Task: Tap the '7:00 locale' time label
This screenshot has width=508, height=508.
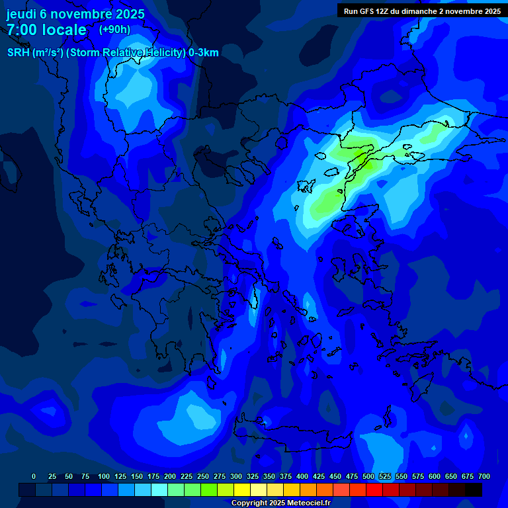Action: coord(46,30)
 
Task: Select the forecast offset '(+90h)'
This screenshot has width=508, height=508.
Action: coord(114,29)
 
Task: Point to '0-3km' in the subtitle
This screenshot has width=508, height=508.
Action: coord(204,53)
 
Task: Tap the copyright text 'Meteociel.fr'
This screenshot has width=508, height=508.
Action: coord(308,503)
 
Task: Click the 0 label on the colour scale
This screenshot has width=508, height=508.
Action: coord(34,476)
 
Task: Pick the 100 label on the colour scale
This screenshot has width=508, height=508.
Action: coord(104,476)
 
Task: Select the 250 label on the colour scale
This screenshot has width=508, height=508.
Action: coord(203,476)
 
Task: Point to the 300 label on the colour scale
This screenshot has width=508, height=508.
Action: coord(236,476)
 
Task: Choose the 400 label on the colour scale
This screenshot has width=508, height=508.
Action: coord(302,476)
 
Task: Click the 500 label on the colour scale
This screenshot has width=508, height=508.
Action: coord(368,476)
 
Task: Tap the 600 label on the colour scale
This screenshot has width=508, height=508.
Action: coord(435,476)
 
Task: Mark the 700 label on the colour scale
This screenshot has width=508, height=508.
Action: coord(484,476)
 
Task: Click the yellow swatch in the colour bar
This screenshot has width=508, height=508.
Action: coord(242,490)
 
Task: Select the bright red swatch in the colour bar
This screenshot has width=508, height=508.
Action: coord(374,490)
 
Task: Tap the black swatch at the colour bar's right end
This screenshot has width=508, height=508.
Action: coord(474,490)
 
